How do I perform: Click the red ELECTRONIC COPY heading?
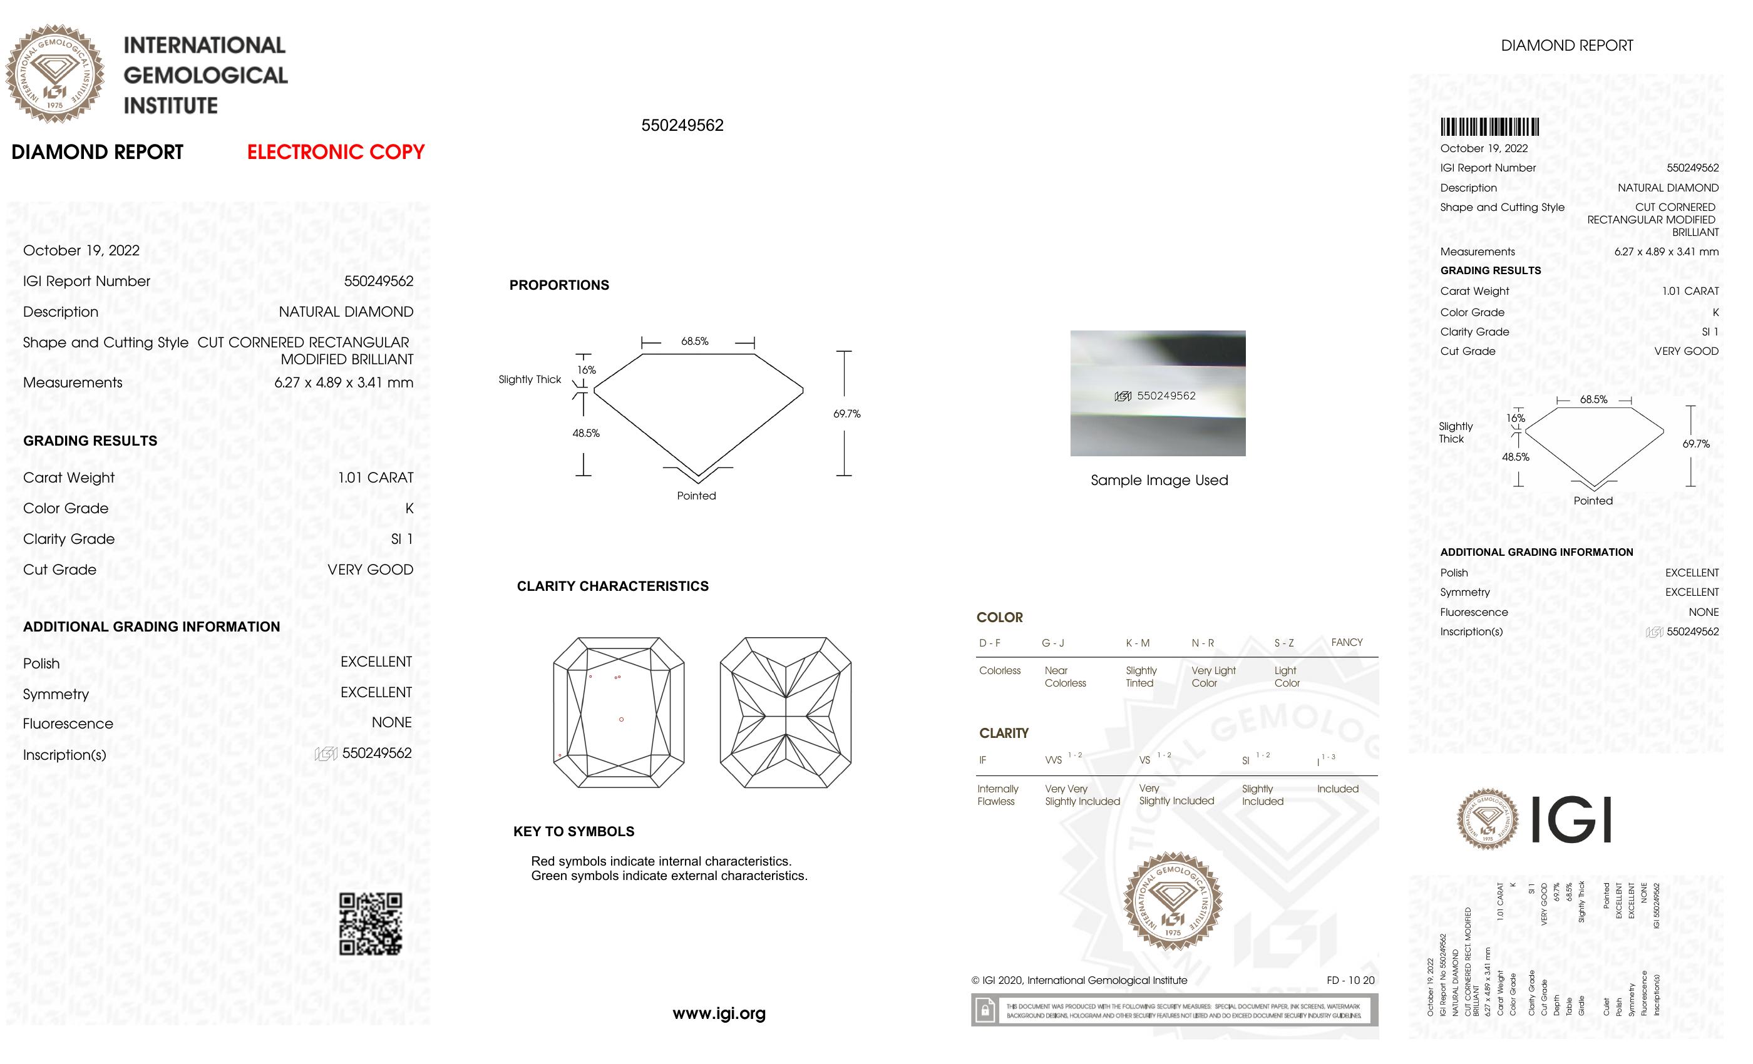pos(335,151)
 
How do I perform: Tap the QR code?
pos(371,924)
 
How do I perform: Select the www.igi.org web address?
pos(719,1013)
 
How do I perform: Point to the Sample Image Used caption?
pos(1159,480)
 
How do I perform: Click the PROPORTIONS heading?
pos(559,285)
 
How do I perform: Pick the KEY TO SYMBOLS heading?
pos(573,831)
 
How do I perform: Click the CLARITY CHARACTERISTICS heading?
pos(612,586)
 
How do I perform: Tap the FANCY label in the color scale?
pos(1347,642)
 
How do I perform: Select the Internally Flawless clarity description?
pos(997,795)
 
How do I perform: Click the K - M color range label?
pos(1137,643)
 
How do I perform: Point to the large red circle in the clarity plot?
pos(621,719)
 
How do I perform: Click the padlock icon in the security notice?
pos(985,1010)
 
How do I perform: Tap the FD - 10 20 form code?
pos(1350,980)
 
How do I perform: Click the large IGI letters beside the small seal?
pos(1570,819)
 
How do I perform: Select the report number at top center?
pos(682,125)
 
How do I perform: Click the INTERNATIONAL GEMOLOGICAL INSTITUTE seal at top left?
pos(55,73)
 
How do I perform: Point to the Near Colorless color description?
pos(1065,677)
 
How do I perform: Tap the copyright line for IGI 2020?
pos(1079,980)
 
